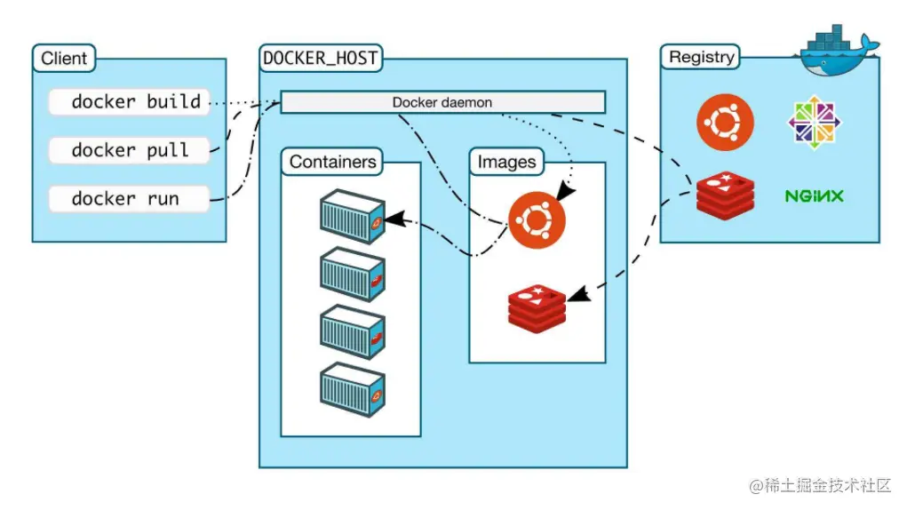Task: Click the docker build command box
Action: tap(129, 102)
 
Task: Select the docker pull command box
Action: tap(129, 150)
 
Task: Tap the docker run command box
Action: tap(129, 198)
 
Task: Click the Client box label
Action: tap(64, 60)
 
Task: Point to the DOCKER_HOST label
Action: tap(321, 59)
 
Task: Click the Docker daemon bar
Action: tap(442, 102)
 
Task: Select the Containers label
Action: tap(333, 162)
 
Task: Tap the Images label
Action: tap(506, 162)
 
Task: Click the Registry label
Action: tap(702, 57)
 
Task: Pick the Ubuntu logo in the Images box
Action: tap(537, 219)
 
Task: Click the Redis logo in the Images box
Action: tap(537, 307)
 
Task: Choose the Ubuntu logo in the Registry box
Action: tap(725, 123)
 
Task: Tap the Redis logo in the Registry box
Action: tap(725, 195)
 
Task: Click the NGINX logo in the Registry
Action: tap(814, 195)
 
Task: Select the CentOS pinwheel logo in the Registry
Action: tap(815, 123)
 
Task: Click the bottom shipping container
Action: tap(353, 389)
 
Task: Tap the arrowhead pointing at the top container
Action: tap(394, 216)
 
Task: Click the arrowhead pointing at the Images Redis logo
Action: tap(576, 294)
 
